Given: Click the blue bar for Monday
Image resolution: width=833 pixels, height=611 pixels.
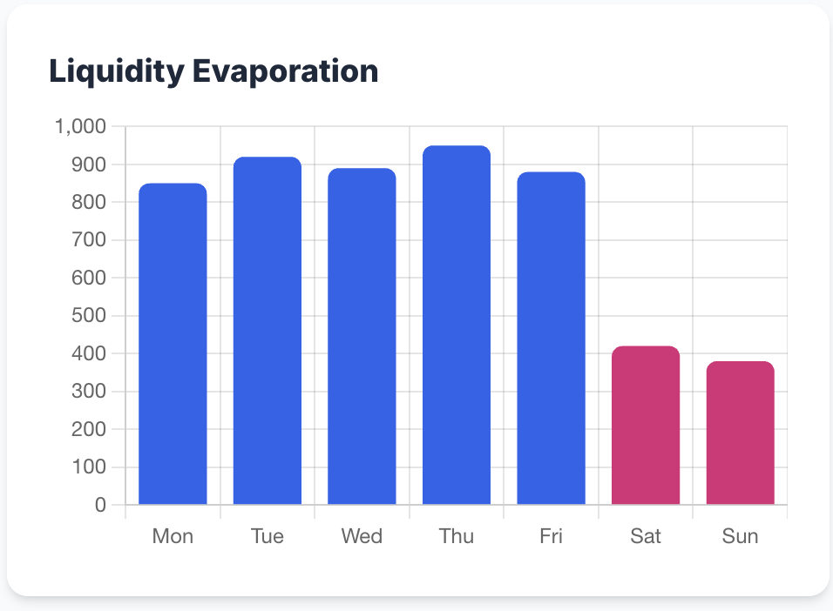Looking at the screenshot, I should [173, 344].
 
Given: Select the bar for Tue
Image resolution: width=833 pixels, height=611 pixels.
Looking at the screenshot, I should [268, 331].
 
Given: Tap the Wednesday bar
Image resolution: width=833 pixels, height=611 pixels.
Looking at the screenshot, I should [362, 336].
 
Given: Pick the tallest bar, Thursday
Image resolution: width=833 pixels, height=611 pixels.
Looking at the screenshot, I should [457, 325].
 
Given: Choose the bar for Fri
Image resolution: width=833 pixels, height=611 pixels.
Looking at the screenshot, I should [551, 339].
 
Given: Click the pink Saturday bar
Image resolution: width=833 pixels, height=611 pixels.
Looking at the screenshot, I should [646, 426].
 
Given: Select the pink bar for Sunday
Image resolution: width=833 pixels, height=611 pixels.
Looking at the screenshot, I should [740, 433].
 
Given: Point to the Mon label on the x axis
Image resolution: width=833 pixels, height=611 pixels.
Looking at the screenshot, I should [173, 536].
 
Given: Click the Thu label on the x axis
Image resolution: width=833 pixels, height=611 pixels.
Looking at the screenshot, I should [457, 536].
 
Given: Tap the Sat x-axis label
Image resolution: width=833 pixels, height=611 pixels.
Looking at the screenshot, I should [646, 536].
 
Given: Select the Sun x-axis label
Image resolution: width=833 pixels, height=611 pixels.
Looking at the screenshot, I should [740, 536].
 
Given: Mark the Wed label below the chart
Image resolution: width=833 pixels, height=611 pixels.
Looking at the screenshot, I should [362, 536].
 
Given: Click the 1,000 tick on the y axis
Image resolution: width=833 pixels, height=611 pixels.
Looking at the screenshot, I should [80, 127].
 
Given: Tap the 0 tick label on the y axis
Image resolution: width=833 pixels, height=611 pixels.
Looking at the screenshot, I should [100, 505].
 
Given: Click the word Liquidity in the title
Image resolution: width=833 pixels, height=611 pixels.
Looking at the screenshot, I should [116, 71].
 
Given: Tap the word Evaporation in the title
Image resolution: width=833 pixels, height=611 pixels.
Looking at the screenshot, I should [285, 71].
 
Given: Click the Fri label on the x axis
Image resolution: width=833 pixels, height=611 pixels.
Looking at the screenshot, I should [551, 536].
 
